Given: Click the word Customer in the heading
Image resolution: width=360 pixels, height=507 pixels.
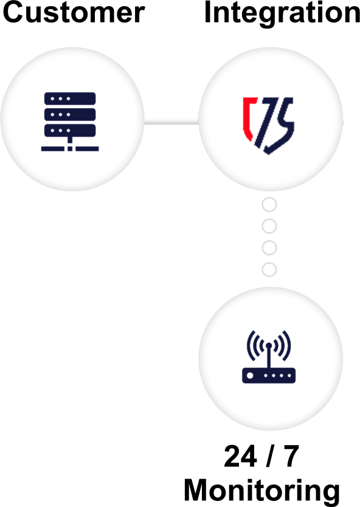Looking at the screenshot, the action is click(74, 12).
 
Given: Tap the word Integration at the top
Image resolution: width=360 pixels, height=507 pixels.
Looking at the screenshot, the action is click(282, 14).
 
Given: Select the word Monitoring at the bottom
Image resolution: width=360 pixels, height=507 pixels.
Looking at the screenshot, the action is click(261, 491).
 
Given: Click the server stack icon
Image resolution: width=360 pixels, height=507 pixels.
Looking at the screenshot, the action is click(70, 122).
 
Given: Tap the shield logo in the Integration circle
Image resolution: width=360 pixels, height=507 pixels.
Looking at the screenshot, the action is click(268, 125).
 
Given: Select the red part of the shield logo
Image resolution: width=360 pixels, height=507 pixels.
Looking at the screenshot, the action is click(249, 119).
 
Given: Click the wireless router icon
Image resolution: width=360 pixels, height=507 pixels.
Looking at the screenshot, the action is click(269, 357).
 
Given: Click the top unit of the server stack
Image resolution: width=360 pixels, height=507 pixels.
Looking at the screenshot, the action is click(70, 98).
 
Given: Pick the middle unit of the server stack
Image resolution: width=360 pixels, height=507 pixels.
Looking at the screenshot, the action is click(70, 114).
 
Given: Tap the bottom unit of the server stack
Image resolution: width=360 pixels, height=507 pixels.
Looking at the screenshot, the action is click(70, 130).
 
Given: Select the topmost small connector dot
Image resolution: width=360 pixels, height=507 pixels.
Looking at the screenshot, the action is click(269, 205).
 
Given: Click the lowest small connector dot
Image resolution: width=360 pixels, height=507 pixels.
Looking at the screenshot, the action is click(269, 270).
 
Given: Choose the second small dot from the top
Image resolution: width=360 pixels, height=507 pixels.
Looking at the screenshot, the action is click(269, 226).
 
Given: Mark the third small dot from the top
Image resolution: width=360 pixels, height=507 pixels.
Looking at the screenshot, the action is click(269, 248).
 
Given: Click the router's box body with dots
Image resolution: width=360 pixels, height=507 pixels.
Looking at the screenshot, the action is click(269, 376).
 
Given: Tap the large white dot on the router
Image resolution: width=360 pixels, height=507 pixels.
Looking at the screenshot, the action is click(250, 376).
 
